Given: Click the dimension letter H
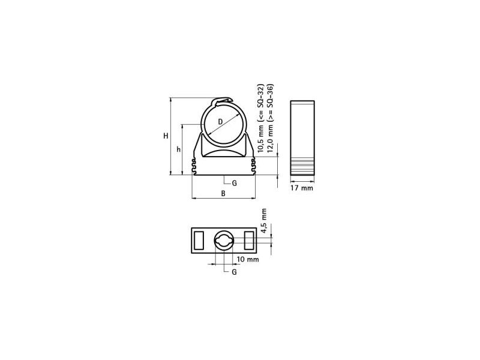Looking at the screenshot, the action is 166,136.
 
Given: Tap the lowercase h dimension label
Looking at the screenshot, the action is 178,149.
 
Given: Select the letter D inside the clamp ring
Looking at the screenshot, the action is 220,122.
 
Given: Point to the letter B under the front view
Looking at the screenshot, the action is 223,193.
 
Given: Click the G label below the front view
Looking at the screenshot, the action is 234,184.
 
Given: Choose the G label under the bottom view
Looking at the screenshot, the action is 234,272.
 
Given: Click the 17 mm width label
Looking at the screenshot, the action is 302,188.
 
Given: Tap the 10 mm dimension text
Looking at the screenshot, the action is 248,259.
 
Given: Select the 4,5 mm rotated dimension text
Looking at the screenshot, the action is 263,221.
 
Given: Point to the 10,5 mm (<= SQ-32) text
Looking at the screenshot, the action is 260,118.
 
